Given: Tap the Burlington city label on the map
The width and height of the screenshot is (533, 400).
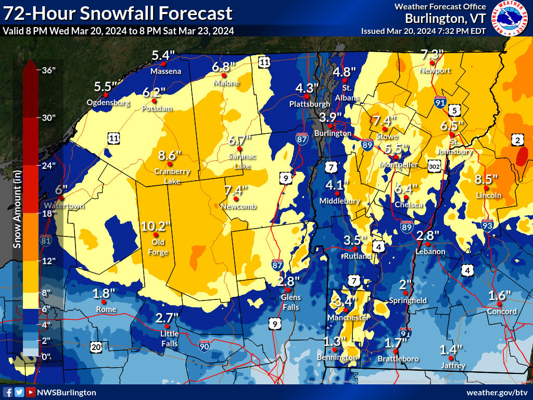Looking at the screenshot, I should pos(335,133).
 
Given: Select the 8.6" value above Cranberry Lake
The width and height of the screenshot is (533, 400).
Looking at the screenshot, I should pos(169,156).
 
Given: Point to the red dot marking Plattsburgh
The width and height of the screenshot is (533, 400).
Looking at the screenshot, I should pos(307,96).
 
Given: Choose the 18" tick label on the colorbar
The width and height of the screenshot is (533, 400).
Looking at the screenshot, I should pos(49,213).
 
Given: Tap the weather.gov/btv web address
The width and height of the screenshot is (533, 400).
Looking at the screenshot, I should pos(497,392).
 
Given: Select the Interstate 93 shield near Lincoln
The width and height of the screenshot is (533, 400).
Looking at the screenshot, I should pos(488,226).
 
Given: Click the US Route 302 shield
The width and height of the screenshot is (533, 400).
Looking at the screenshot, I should pos(436,166).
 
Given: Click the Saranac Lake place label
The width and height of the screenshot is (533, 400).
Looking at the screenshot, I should pos(239,161).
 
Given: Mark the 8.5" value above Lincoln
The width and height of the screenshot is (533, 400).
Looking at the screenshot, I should pos(487,179).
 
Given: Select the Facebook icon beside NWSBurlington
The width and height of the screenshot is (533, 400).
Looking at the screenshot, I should pos(8,392).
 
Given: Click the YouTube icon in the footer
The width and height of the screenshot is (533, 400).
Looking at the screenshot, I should pos(31,392).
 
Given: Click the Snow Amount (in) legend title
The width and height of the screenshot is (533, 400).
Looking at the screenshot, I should pos(17,208).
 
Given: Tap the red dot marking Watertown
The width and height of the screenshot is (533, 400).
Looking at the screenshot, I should pos(61,198).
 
